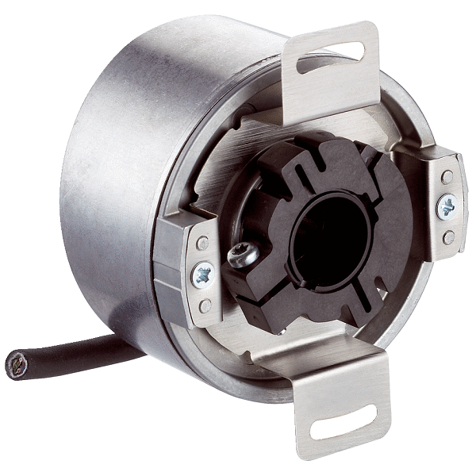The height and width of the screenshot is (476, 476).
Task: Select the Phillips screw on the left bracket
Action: point(202,275)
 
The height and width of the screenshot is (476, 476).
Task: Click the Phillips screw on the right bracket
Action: point(447,207)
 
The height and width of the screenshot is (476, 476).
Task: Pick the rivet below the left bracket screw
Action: point(204,305)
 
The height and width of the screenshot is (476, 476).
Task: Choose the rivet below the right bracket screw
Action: point(448,236)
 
